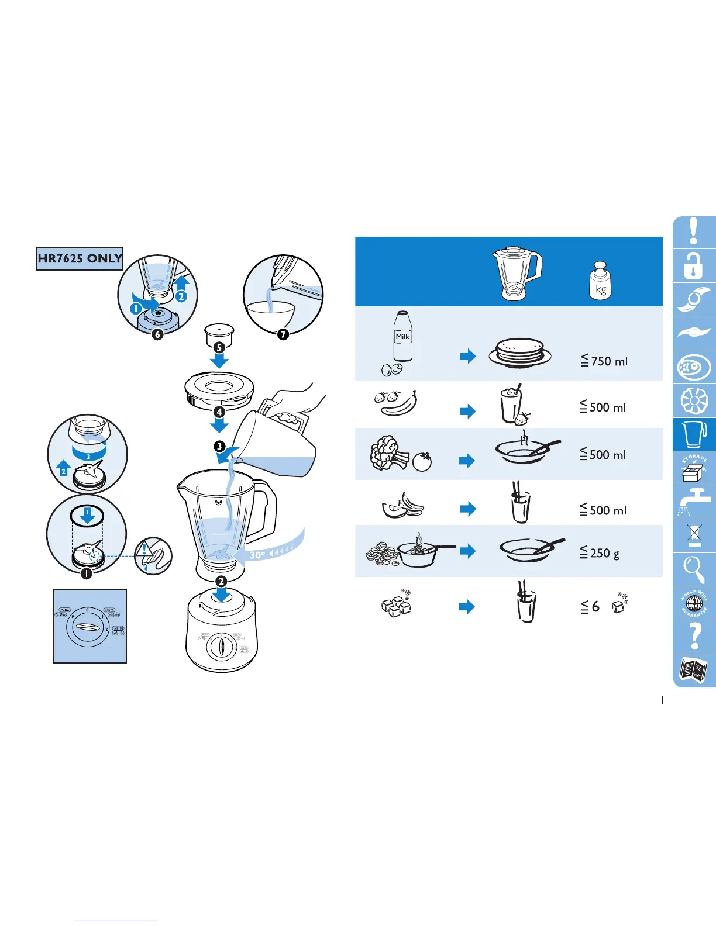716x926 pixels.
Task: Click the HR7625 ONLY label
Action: point(80,258)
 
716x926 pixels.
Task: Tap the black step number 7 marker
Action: point(283,334)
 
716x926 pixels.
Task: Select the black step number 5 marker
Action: point(219,347)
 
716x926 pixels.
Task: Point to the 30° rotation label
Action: point(257,554)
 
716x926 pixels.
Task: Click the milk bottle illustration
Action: point(402,337)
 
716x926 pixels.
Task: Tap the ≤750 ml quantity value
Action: point(604,361)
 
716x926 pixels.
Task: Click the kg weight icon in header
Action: point(600,282)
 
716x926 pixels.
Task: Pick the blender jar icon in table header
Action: point(518,274)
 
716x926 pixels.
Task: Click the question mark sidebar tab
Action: point(694,636)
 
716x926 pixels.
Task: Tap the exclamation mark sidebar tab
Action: point(694,232)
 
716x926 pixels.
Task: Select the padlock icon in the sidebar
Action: point(694,266)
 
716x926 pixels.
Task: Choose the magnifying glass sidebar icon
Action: point(694,569)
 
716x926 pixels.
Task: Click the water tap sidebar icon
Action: point(694,502)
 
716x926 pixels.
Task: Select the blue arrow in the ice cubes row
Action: point(467,607)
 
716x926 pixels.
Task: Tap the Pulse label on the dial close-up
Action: point(64,610)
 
